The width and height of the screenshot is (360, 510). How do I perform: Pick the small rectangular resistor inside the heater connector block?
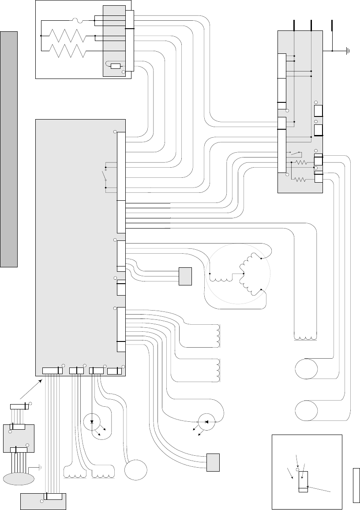116,66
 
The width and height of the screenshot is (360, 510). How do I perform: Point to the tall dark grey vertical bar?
9,149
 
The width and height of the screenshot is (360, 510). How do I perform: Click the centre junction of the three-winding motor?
244,274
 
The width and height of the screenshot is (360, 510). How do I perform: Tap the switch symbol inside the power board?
295,153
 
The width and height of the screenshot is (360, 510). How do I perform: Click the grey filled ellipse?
19,479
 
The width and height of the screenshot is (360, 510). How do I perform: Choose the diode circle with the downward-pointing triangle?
92,422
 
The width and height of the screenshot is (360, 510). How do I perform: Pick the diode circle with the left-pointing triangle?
206,422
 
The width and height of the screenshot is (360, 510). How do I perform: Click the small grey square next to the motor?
185,276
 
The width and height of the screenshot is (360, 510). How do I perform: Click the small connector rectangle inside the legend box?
303,481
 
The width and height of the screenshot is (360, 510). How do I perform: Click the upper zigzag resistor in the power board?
301,162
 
